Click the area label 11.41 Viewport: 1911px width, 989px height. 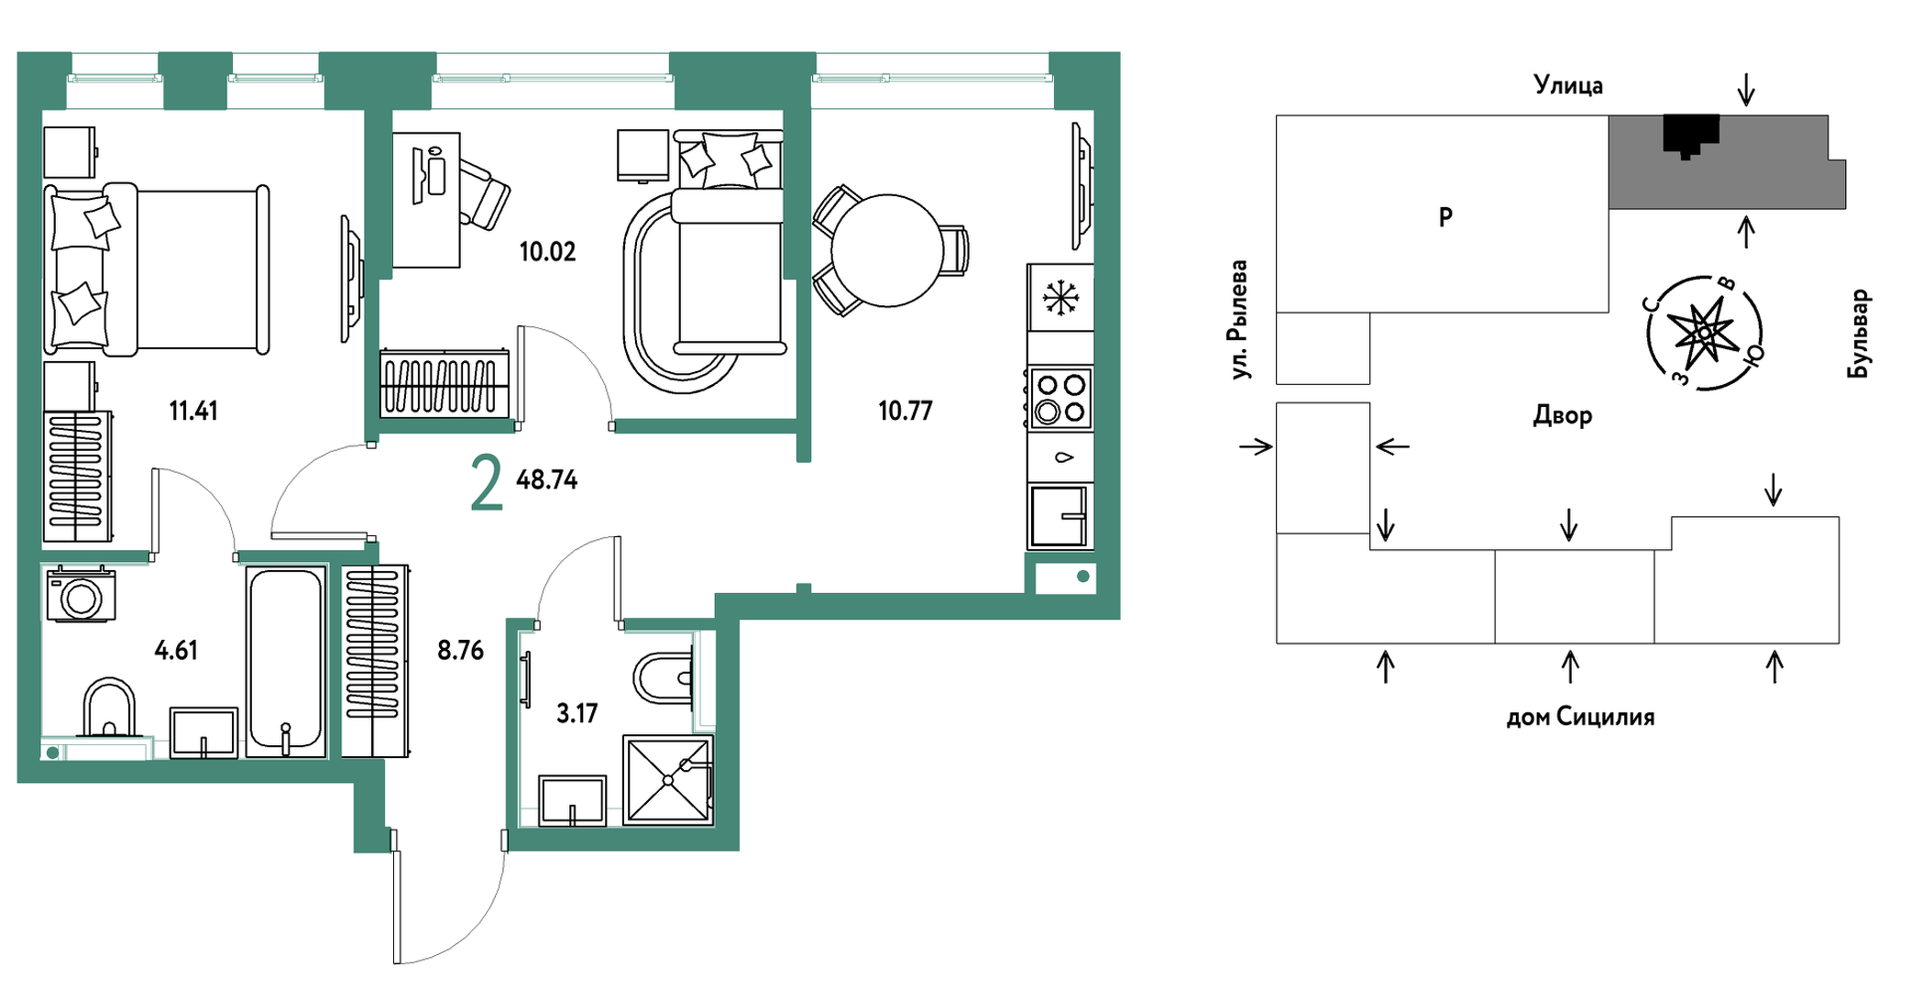pos(193,411)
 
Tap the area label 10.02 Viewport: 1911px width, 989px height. pos(548,251)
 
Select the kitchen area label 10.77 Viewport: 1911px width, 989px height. pos(906,411)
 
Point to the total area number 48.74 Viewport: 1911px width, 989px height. pos(547,479)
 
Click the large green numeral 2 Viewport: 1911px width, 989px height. pos(487,484)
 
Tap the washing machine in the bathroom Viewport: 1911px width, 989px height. pos(82,595)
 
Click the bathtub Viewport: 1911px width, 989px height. pos(286,661)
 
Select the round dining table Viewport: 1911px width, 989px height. pos(887,250)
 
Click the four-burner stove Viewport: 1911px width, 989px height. pos(1060,398)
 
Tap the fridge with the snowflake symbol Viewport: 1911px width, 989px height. pos(1060,297)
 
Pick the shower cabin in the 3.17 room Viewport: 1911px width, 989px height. pos(668,780)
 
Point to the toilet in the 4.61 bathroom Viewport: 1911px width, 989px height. pos(109,708)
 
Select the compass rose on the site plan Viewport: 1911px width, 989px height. pos(1705,333)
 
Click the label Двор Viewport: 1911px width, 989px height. pos(1563,416)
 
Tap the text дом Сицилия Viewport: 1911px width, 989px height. pos(1581,717)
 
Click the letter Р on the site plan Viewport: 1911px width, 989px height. pos(1445,217)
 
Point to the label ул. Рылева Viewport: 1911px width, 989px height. pos(1239,320)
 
